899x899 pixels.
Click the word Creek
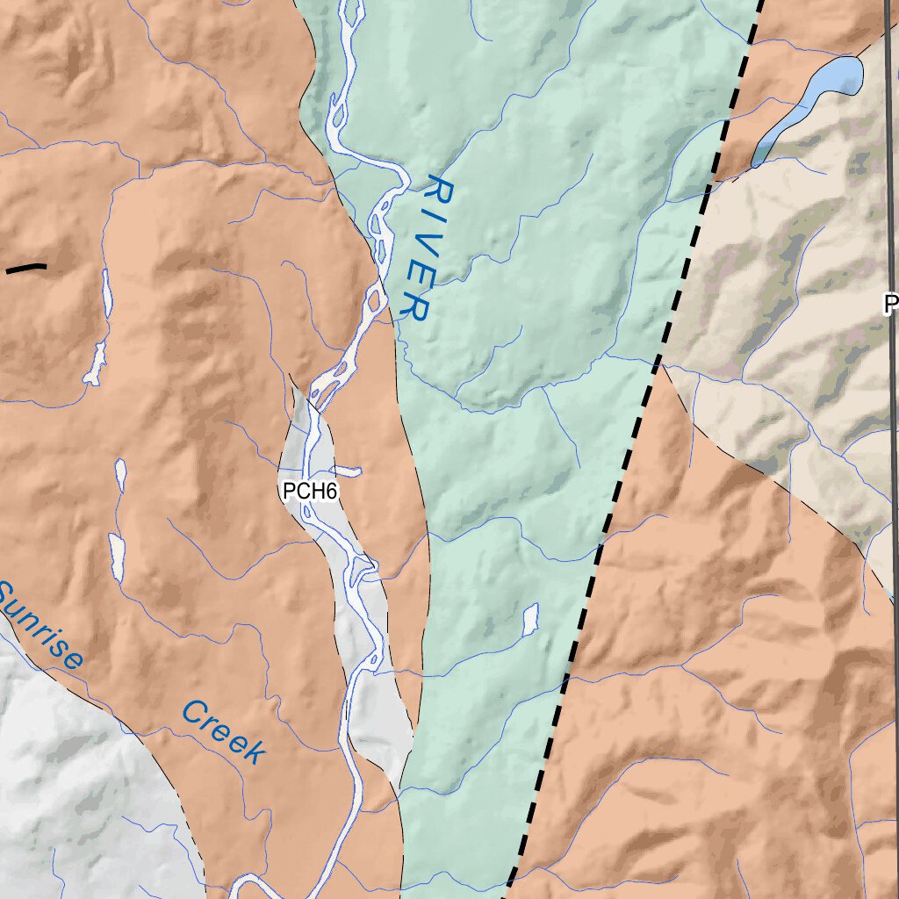coord(223,732)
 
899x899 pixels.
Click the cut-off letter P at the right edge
coord(890,305)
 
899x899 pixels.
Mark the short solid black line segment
coord(26,268)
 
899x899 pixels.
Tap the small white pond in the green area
coord(529,619)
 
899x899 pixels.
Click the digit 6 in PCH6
coord(330,492)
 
